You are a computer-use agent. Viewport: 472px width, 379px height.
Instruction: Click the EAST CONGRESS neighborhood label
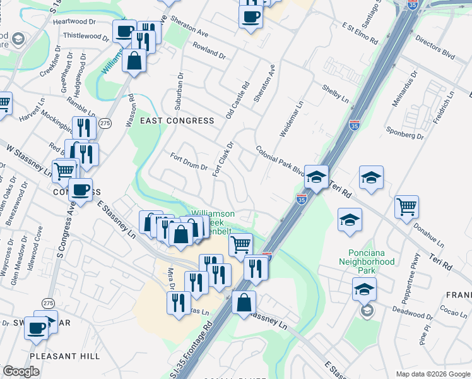(x=177, y=120)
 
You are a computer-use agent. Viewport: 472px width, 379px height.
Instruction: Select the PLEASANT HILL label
(x=64, y=356)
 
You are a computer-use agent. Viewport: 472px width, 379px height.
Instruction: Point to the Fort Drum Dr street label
(x=189, y=162)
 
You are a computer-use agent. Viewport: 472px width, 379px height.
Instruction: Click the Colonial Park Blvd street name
(x=281, y=159)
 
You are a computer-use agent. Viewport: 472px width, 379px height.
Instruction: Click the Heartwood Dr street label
(x=74, y=21)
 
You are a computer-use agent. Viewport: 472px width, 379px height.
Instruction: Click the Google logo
(x=21, y=371)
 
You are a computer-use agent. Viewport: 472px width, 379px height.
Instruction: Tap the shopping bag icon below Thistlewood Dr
(x=134, y=61)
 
